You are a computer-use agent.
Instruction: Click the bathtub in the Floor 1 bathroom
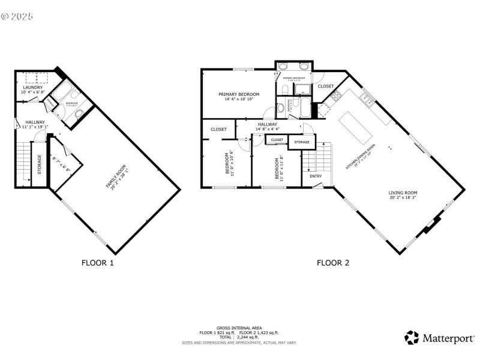pyautogui.click(x=61, y=94)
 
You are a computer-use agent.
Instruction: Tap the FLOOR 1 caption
pyautogui.click(x=97, y=263)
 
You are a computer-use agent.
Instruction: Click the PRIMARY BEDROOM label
pyautogui.click(x=239, y=94)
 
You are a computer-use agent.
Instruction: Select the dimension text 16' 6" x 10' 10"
pyautogui.click(x=239, y=100)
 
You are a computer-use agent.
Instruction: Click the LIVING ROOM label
pyautogui.click(x=403, y=193)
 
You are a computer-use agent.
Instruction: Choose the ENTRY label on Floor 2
pyautogui.click(x=315, y=176)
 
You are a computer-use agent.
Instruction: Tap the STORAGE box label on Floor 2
pyautogui.click(x=302, y=142)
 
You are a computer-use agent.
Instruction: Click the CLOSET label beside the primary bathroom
pyautogui.click(x=326, y=86)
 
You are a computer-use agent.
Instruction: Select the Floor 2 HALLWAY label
pyautogui.click(x=267, y=124)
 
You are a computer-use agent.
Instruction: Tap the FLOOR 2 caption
pyautogui.click(x=333, y=263)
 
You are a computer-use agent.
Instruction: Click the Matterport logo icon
pyautogui.click(x=412, y=338)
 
